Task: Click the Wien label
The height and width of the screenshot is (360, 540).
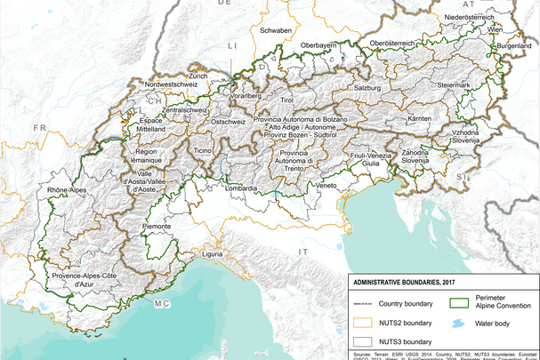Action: [x=495, y=29]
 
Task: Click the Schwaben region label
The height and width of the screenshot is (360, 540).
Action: [x=276, y=30]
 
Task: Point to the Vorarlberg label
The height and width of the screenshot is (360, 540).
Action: [x=243, y=94]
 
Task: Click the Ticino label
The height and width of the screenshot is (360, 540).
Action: [x=203, y=151]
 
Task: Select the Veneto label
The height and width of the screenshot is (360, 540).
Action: [x=326, y=185]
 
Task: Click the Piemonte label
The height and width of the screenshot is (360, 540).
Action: [x=157, y=226]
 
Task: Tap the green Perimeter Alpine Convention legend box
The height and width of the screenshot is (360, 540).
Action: [x=461, y=302]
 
